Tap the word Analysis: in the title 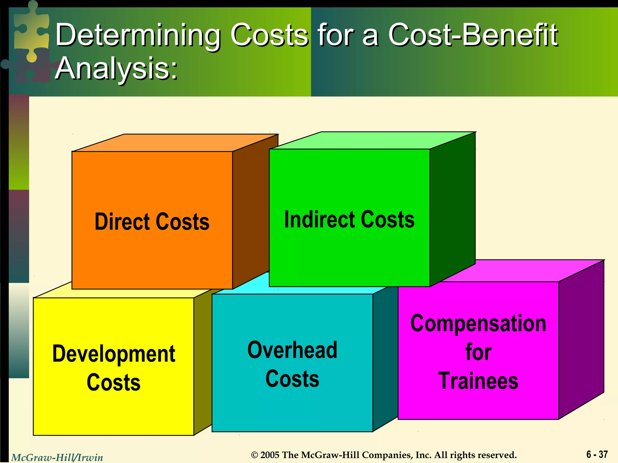(x=116, y=69)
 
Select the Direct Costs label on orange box (x=152, y=222)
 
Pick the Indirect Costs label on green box (x=349, y=219)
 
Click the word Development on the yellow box (x=114, y=354)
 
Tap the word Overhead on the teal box (x=292, y=350)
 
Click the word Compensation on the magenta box (x=478, y=323)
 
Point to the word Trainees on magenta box (x=478, y=381)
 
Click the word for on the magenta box (x=478, y=352)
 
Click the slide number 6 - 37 (x=597, y=454)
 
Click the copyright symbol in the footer (x=255, y=455)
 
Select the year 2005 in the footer (x=270, y=455)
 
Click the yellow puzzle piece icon (x=32, y=33)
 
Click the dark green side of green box (x=452, y=208)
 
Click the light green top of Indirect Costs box (x=371, y=140)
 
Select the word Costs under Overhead (x=292, y=379)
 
